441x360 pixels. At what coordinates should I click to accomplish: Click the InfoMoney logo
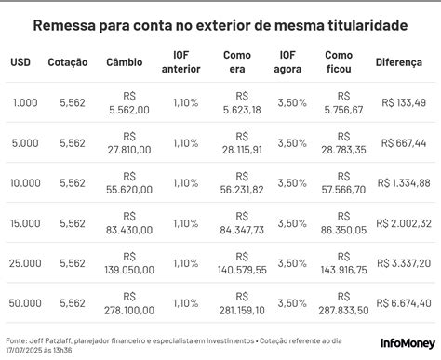[408, 343]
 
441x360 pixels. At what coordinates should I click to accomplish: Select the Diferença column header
[399, 62]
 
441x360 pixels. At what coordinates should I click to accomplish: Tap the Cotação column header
[68, 62]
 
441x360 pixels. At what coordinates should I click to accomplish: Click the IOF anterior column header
[180, 62]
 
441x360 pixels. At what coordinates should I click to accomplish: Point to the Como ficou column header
[339, 62]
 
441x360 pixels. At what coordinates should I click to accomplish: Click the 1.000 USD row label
[25, 102]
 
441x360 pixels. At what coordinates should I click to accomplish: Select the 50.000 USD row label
[25, 303]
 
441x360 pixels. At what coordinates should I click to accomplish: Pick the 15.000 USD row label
[25, 223]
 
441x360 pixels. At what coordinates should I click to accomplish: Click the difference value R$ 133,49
[404, 102]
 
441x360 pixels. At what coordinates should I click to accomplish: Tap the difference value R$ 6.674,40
[404, 303]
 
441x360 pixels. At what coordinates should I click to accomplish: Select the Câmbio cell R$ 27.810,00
[129, 143]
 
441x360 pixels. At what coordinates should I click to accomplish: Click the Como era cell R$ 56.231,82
[242, 183]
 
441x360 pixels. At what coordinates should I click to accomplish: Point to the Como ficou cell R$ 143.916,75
[343, 263]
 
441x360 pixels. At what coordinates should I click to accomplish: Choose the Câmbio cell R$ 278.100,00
[129, 303]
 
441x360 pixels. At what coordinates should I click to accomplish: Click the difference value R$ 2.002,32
[404, 223]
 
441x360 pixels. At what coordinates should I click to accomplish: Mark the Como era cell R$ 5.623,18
[242, 103]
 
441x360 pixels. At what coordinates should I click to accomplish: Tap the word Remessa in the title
[64, 25]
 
